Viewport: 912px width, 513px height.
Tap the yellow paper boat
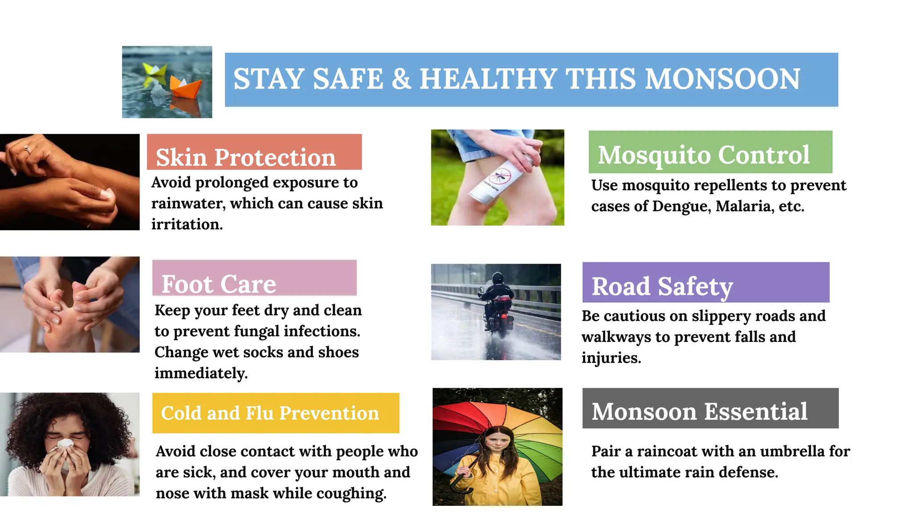155,70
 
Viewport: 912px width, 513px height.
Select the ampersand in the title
401,79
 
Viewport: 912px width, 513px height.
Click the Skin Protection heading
246,157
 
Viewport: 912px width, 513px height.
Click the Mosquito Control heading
704,155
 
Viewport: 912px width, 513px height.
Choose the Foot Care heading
219,284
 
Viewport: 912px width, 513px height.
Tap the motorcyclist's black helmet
497,278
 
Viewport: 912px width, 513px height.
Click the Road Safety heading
662,286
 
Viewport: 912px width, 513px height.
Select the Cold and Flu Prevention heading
270,413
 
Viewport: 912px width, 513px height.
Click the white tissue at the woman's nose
65,444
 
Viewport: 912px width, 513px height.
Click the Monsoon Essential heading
699,411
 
